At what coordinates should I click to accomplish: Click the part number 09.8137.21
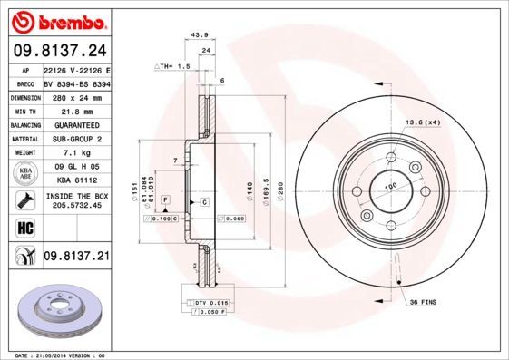tap(76, 257)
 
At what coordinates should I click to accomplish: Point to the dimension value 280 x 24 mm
tap(76, 97)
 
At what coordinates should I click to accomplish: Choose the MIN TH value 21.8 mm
tap(76, 111)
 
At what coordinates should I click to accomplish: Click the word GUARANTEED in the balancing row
tap(76, 125)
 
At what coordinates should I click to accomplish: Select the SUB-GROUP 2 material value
tap(76, 139)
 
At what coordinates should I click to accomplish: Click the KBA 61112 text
tap(76, 180)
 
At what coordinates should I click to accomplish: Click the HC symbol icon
tap(23, 227)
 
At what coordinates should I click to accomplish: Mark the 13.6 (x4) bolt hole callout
tap(422, 122)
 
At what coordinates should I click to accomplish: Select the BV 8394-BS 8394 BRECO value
tap(76, 83)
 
